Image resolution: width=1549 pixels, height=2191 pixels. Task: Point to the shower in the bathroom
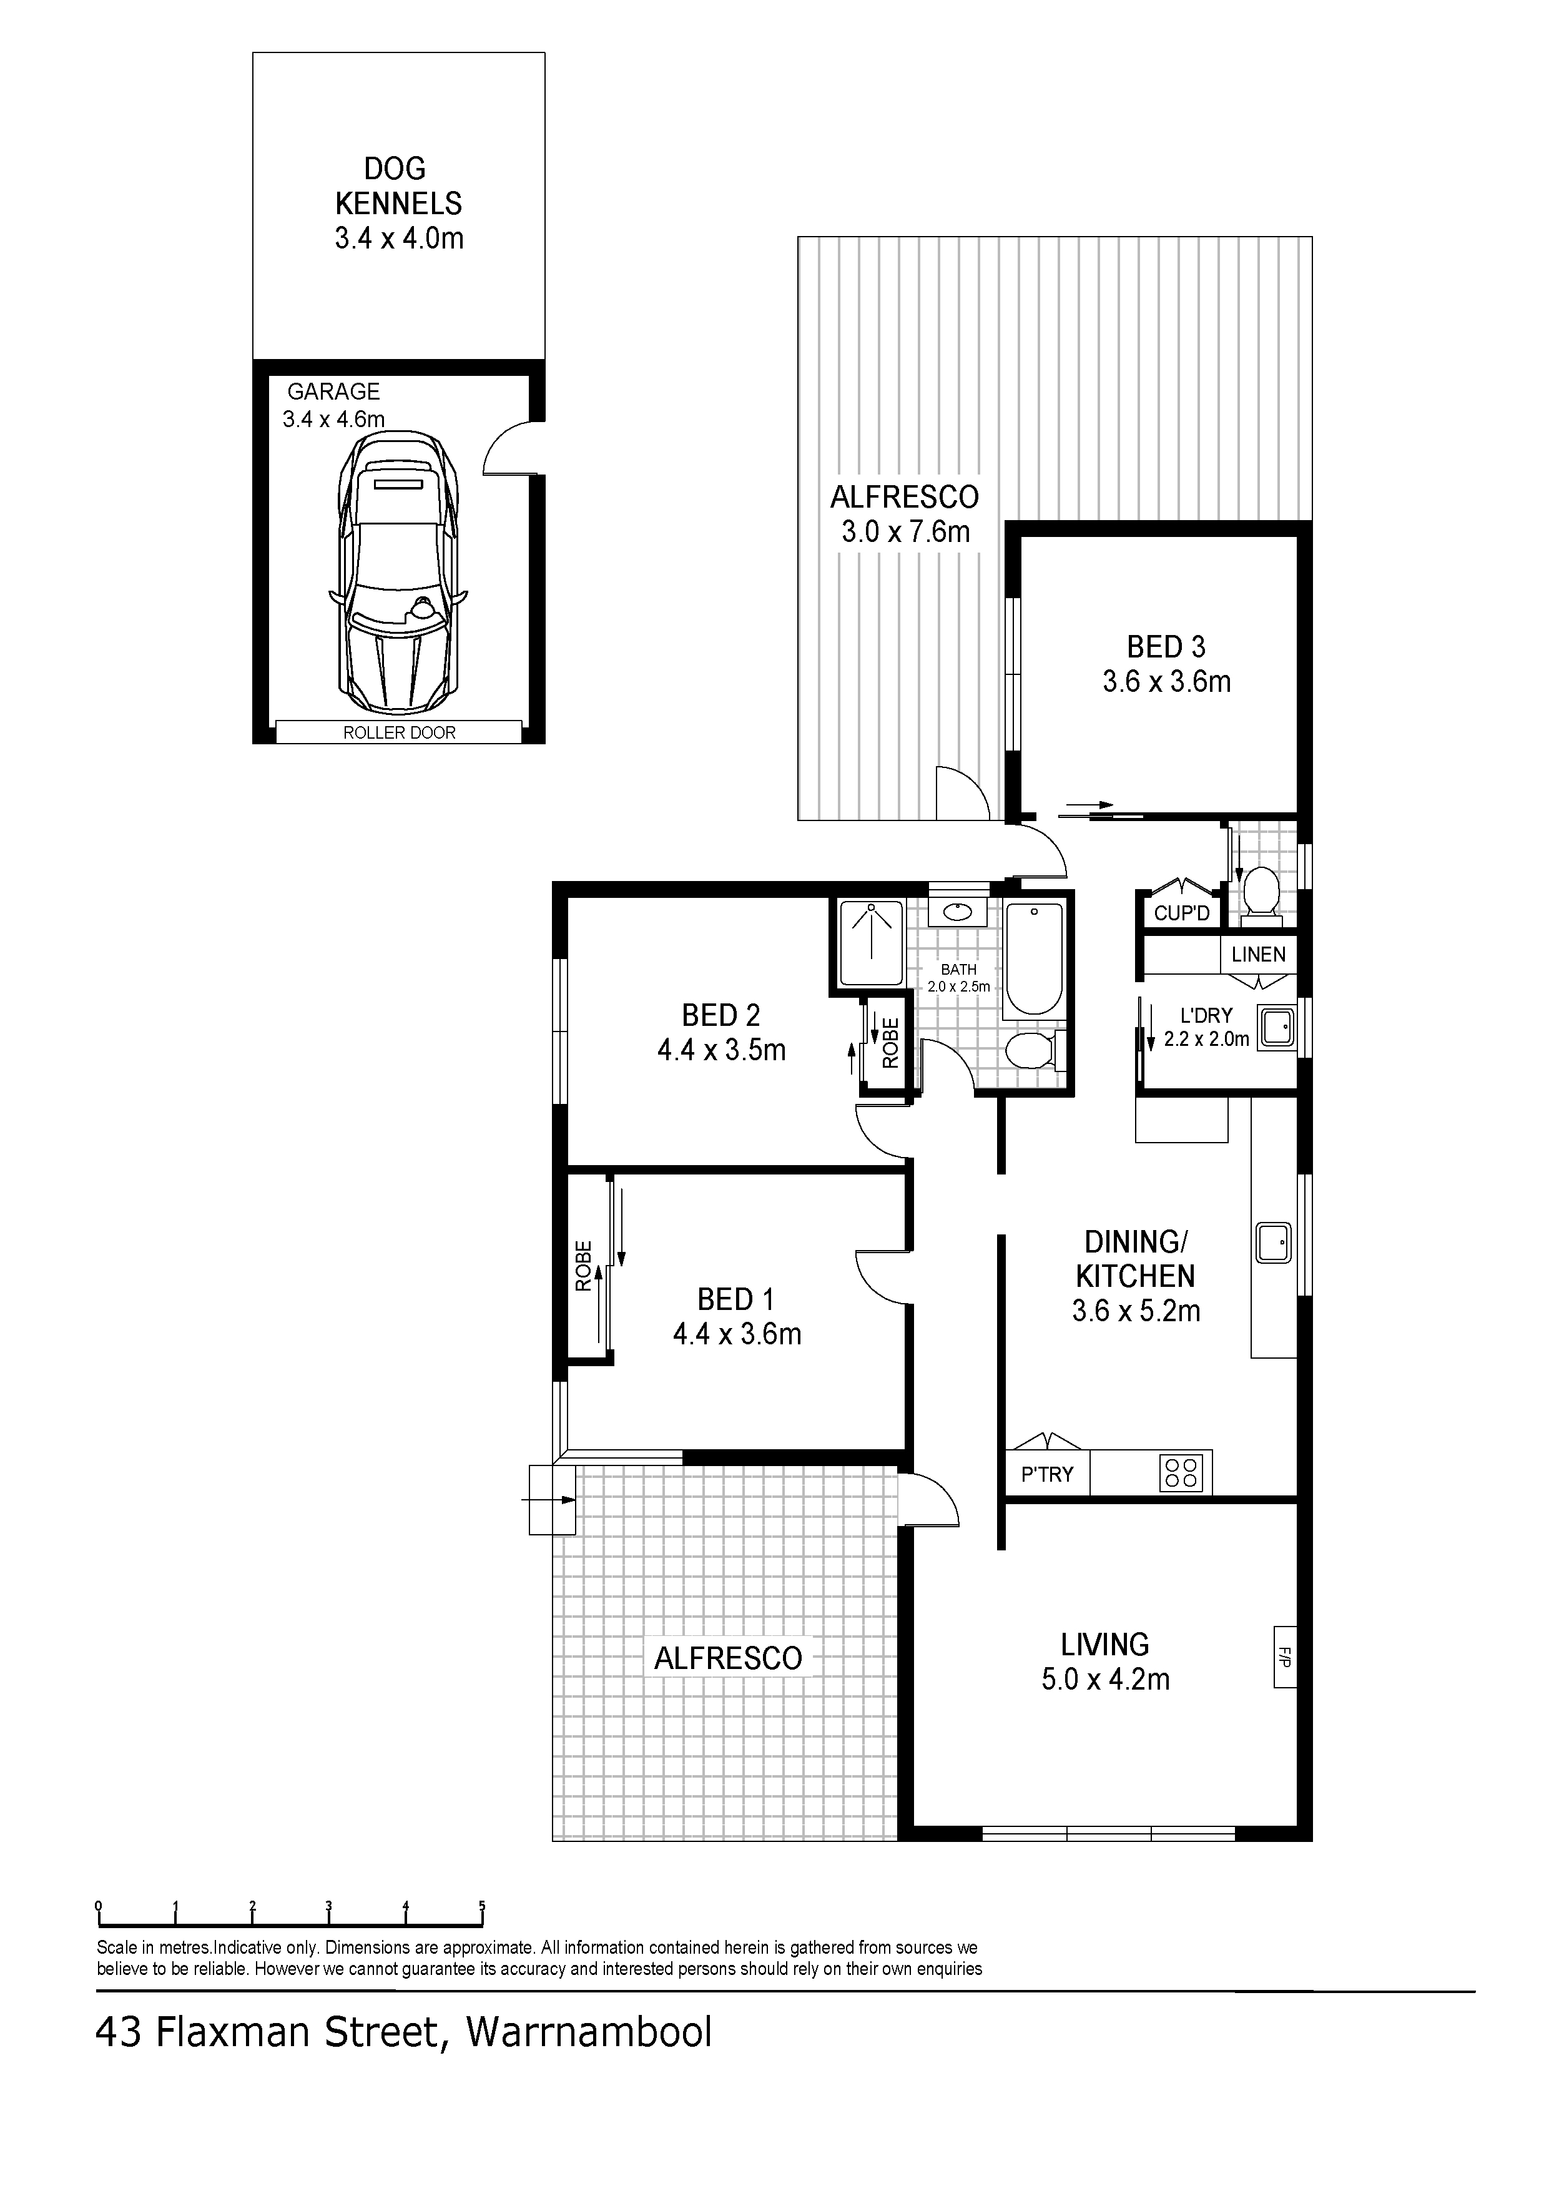coord(870,943)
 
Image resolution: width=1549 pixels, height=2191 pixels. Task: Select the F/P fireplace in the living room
coord(1284,1657)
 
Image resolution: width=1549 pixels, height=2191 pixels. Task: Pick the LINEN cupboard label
coord(1258,954)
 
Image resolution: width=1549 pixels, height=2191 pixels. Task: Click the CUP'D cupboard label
coord(1181,913)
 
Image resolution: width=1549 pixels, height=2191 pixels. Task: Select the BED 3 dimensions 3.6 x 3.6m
coord(1166,681)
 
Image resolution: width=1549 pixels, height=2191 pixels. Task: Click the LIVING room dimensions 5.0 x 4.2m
coord(1105,1680)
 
